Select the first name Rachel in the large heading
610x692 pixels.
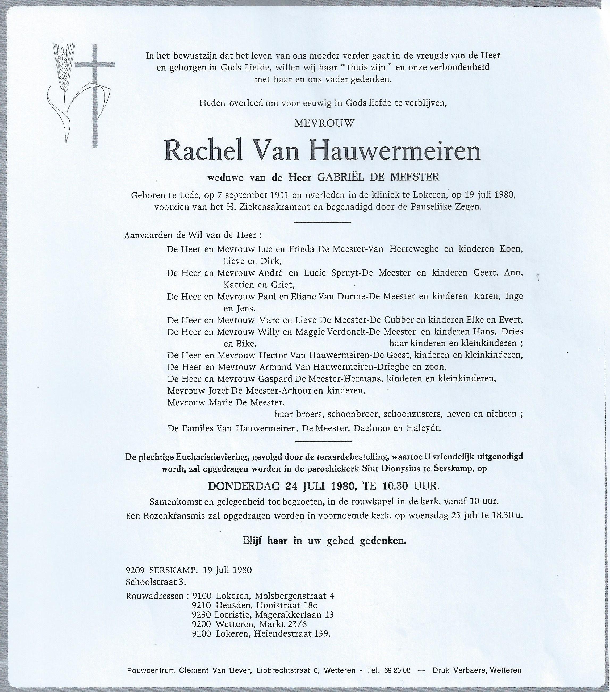(203, 152)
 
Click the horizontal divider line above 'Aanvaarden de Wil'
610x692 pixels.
(323, 222)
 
